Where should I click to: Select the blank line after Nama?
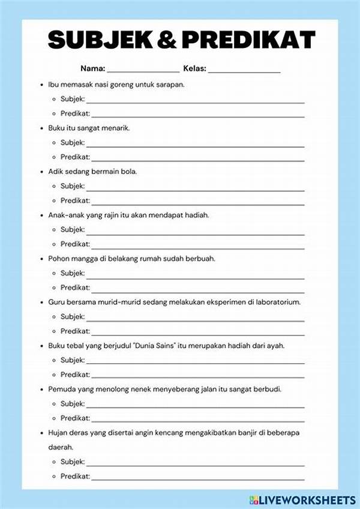[143, 70]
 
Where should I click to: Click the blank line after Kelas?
[245, 70]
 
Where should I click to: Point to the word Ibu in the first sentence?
[53, 85]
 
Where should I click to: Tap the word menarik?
[115, 128]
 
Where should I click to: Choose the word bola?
[128, 171]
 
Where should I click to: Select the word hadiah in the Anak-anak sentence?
[195, 215]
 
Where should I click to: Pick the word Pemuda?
[62, 389]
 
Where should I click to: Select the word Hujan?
[58, 432]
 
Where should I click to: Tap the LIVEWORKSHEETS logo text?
[314, 499]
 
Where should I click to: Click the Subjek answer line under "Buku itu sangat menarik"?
[196, 144]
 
